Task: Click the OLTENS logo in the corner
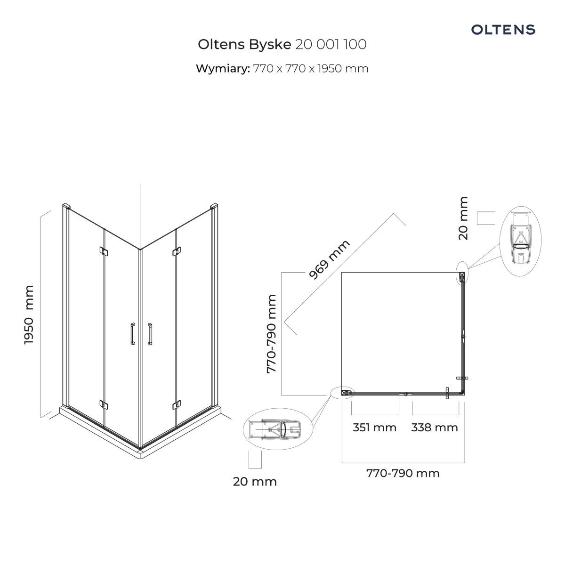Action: pyautogui.click(x=503, y=30)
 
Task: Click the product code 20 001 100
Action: pyautogui.click(x=331, y=45)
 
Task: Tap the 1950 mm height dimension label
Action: pyautogui.click(x=29, y=315)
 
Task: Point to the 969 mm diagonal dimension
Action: pyautogui.click(x=330, y=259)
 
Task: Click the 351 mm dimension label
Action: pyautogui.click(x=374, y=428)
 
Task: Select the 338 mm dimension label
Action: pyautogui.click(x=435, y=428)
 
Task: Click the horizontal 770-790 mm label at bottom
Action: pyautogui.click(x=403, y=473)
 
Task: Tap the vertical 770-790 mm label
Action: pyautogui.click(x=272, y=334)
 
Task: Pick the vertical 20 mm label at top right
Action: pyautogui.click(x=463, y=218)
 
